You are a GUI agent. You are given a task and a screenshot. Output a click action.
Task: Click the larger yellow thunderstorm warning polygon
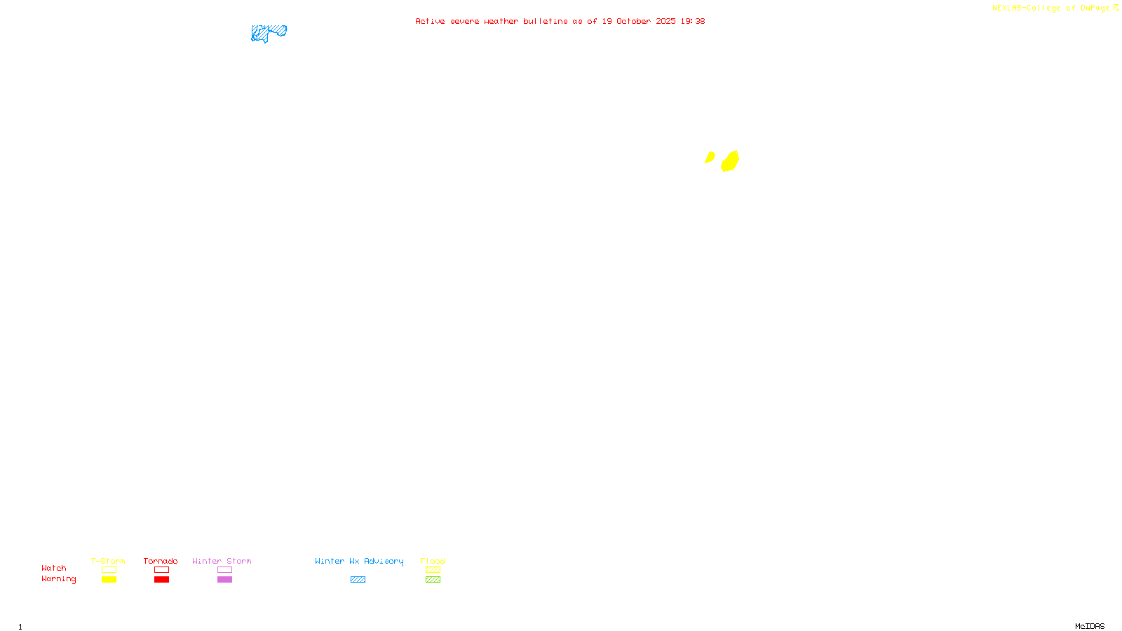730,161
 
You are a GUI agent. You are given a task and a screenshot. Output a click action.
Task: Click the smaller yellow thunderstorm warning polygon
710,157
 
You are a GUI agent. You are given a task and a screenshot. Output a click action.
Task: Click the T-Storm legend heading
108,561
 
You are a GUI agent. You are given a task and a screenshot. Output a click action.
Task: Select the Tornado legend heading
161,561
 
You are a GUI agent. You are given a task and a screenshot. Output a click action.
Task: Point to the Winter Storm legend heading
222,561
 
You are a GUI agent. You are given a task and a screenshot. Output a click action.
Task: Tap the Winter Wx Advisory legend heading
359,561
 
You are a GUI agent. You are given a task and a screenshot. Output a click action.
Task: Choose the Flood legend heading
433,561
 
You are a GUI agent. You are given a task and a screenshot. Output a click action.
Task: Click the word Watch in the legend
54,568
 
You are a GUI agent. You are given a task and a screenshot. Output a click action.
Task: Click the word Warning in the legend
58,579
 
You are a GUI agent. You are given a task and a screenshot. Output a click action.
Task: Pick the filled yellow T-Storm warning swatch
109,580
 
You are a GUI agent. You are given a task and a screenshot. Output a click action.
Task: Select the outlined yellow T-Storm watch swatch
109,570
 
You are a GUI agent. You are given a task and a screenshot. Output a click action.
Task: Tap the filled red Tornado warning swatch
161,580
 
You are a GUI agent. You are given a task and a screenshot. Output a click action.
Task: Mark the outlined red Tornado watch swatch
161,570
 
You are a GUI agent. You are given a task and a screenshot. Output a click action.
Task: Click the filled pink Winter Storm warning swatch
224,580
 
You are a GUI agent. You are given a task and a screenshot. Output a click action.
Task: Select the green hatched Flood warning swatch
433,580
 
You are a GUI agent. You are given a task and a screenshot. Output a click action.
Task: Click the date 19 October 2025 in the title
638,21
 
